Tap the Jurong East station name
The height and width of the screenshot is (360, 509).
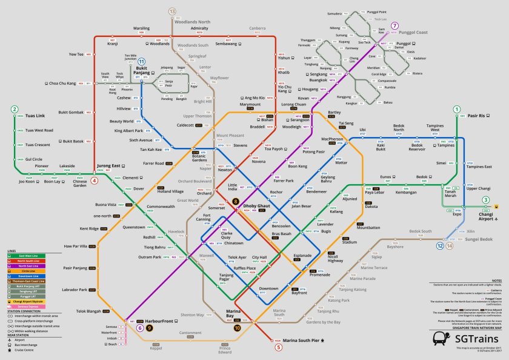tap(109, 165)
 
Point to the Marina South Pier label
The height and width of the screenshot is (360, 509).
tap(305, 341)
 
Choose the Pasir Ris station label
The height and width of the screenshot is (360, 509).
tap(477, 115)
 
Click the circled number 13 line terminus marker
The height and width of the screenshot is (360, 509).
tap(172, 12)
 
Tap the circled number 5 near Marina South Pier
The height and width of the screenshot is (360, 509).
tap(279, 347)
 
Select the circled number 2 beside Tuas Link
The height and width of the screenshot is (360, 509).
tap(13, 110)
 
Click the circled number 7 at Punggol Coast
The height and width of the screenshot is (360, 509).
tap(394, 25)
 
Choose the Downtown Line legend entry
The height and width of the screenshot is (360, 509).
tap(23, 276)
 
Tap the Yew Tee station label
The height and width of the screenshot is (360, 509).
tap(76, 55)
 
